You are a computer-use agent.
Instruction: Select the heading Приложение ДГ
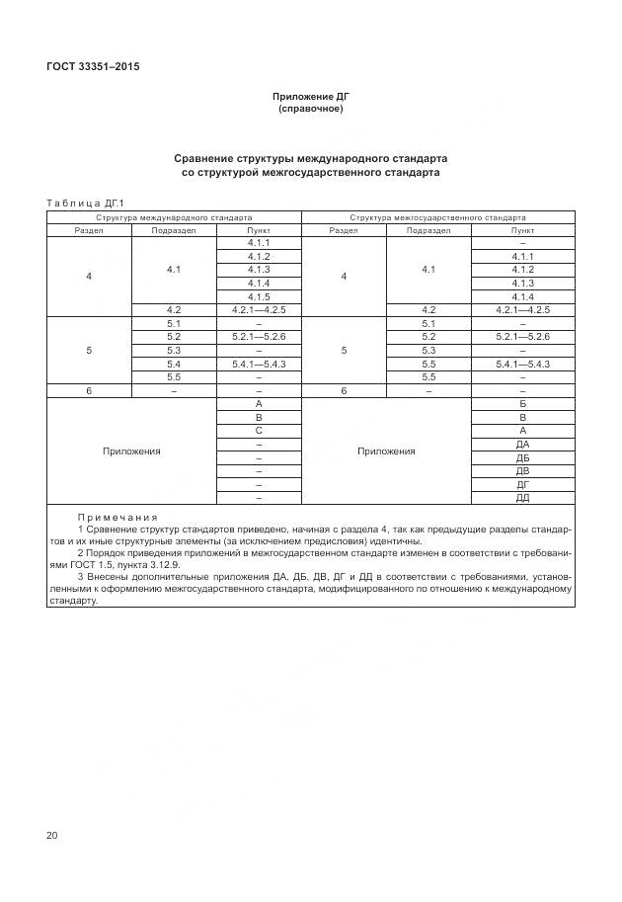[x=310, y=96]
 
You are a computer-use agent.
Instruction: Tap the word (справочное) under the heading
[x=310, y=109]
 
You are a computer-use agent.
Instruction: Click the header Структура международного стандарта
[x=174, y=216]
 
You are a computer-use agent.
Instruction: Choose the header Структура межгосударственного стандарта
[x=437, y=216]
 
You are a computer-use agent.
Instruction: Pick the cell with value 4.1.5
[x=259, y=296]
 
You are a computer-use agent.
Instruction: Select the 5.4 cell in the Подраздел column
[x=174, y=364]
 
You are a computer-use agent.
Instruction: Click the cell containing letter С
[x=259, y=431]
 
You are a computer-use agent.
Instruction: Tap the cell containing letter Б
[x=522, y=404]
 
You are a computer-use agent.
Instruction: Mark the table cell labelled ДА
[x=522, y=445]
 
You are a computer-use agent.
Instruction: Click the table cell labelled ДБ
[x=522, y=458]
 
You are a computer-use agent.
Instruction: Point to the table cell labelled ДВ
[x=522, y=471]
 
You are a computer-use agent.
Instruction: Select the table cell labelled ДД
[x=522, y=498]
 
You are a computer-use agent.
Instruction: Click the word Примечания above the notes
[x=117, y=517]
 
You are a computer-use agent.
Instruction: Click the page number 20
[x=52, y=836]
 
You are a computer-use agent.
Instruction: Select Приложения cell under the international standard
[x=131, y=451]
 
